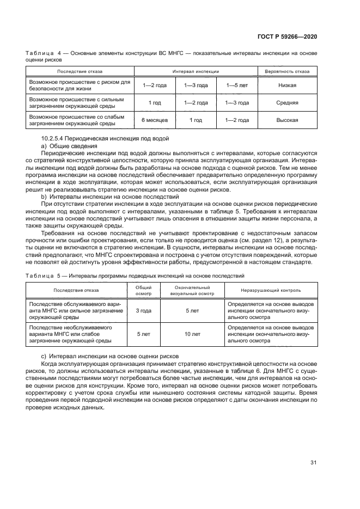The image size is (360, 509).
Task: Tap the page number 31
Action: point(313,463)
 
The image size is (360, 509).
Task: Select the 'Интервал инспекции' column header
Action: point(196,71)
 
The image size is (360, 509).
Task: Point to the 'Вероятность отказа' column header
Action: point(287,71)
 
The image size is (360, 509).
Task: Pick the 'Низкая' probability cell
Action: point(287,85)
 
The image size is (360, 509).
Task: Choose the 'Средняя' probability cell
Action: point(287,103)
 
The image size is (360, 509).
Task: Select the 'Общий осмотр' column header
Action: point(143,290)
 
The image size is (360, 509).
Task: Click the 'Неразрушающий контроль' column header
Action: point(271,291)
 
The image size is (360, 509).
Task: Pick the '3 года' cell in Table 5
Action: point(143,310)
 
